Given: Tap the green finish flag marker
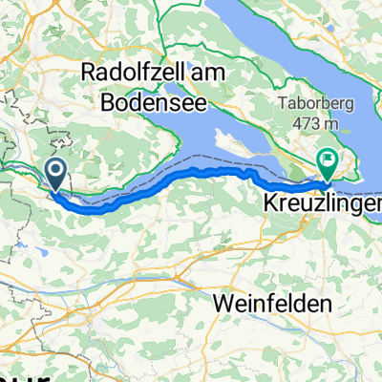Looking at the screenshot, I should pyautogui.click(x=328, y=164).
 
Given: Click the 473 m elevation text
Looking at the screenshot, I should pyautogui.click(x=324, y=124).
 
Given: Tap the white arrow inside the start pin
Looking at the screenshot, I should pyautogui.click(x=56, y=171).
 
